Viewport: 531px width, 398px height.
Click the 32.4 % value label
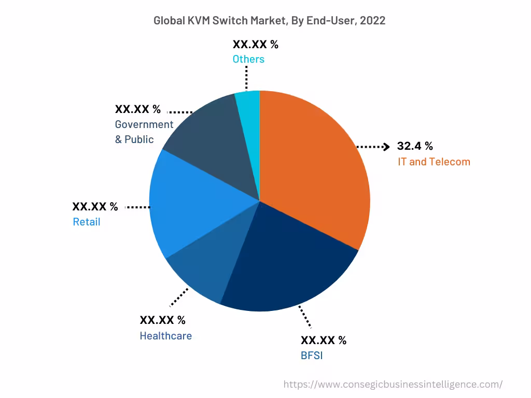point(415,146)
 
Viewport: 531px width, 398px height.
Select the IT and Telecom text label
point(434,162)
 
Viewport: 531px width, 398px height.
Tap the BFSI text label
point(312,356)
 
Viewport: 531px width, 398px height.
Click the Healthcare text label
point(165,336)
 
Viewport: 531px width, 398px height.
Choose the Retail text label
point(86,222)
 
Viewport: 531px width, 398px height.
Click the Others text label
point(248,59)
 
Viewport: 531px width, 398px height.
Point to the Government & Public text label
point(144,132)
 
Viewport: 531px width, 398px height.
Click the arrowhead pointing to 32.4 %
point(386,147)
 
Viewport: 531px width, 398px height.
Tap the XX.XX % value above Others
point(255,44)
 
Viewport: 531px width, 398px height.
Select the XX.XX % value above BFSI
point(324,340)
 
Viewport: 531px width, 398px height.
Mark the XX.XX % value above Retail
point(95,207)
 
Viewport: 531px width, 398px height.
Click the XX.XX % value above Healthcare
point(162,320)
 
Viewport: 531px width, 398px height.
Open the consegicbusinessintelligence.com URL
point(393,384)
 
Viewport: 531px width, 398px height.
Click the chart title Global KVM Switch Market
point(269,21)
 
